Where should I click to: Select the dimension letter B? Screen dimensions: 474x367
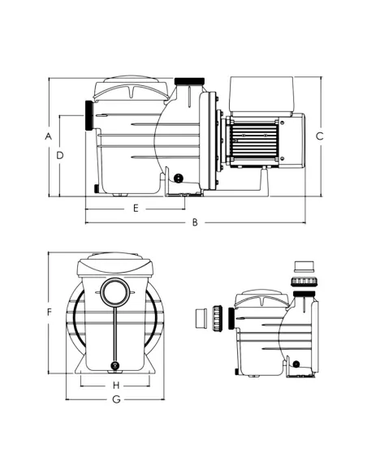point(195,222)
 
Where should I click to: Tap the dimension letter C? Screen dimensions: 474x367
point(320,136)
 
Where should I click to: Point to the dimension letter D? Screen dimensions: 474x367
point(61,153)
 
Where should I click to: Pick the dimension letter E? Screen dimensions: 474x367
point(136,208)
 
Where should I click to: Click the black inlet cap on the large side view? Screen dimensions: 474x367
point(88,115)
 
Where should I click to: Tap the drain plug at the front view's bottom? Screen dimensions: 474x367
point(114,364)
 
